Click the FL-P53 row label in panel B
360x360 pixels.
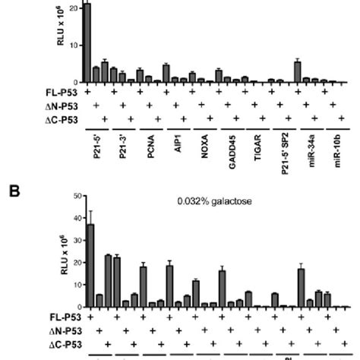pos(66,314)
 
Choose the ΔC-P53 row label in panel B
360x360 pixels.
pos(65,343)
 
